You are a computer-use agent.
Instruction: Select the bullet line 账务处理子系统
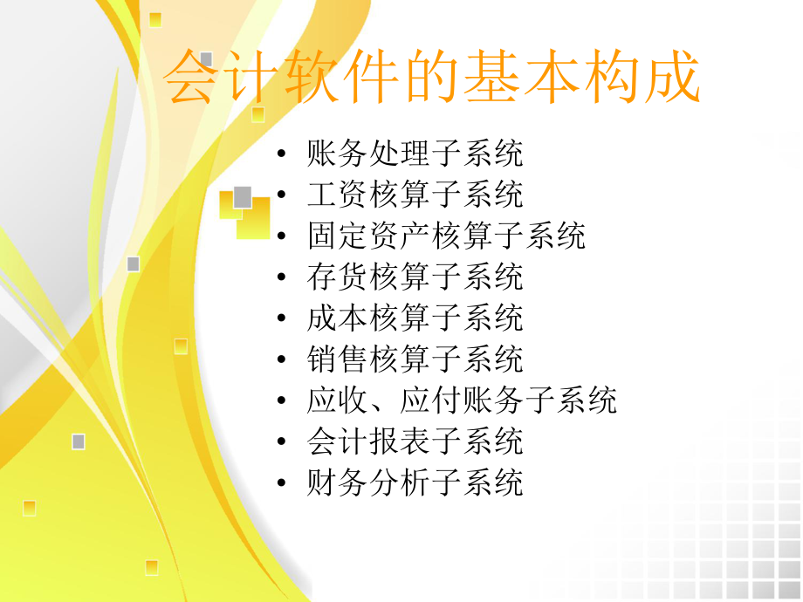pos(415,154)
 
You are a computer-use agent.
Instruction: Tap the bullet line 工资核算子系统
pos(415,195)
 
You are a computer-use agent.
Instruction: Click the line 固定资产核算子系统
pos(446,236)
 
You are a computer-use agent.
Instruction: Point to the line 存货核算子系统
pos(415,277)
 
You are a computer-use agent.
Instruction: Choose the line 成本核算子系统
pos(415,318)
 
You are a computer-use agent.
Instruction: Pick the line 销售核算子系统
pos(415,359)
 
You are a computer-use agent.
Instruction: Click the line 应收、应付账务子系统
pos(462,400)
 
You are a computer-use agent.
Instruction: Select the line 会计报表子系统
pos(415,441)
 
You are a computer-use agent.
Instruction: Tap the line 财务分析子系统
pos(415,482)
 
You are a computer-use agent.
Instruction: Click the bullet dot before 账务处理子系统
pos(280,155)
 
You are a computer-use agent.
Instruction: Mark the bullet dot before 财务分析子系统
pos(280,483)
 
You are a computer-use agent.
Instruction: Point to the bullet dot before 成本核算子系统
pos(280,319)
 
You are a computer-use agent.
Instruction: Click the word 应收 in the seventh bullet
pos(338,400)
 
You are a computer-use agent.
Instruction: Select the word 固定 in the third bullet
pos(338,236)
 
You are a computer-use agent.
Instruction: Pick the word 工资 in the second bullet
pos(338,195)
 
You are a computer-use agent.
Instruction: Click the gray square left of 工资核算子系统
pos(243,197)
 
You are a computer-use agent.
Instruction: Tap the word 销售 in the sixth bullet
pos(338,359)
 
